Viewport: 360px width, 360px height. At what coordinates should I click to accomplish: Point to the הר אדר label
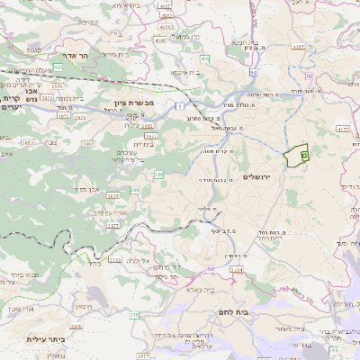click(x=77, y=56)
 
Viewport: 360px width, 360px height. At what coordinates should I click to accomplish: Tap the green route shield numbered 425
click(x=58, y=67)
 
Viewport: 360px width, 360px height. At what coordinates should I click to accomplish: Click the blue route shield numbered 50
click(x=255, y=72)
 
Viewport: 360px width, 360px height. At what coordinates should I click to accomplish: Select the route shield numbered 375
click(x=134, y=315)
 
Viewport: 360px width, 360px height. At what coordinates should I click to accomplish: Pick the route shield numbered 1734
click(x=236, y=269)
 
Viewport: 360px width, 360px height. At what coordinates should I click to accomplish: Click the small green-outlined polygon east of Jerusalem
click(x=295, y=157)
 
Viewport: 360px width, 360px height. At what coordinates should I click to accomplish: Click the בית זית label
click(x=144, y=143)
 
